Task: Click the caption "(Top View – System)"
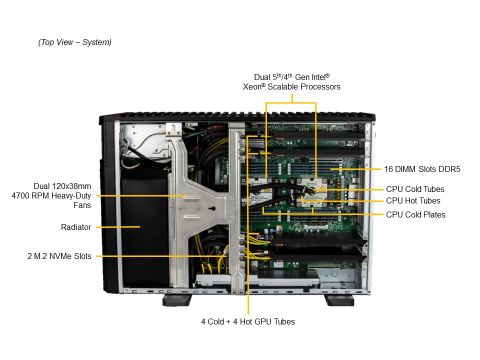75,42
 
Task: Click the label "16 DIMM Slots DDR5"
422,169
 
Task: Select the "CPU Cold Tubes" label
415,189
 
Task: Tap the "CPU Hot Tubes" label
413,200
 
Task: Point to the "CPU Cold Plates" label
415,214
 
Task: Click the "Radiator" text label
76,227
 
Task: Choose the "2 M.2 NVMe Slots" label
59,256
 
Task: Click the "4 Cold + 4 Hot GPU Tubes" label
248,321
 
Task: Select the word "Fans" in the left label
81,205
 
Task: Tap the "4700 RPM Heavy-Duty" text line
55,195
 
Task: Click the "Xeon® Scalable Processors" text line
291,86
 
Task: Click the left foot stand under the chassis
177,299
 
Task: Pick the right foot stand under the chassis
339,299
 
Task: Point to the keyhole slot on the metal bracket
211,209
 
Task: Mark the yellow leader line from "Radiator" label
118,227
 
